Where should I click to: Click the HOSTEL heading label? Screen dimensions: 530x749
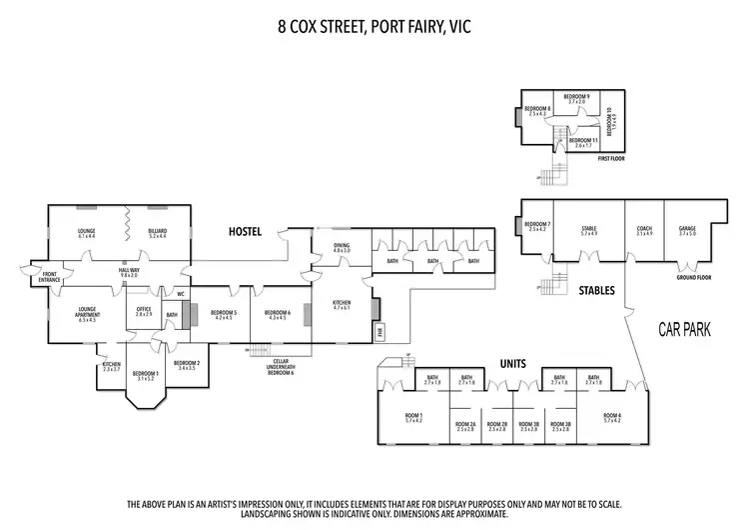coord(245,232)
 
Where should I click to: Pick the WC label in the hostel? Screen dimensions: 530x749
coord(181,294)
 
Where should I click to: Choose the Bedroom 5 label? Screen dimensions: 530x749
coord(224,314)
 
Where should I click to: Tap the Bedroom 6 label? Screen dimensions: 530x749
coord(277,314)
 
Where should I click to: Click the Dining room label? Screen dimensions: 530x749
coord(342,246)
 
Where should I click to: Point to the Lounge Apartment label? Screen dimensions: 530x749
coord(86,314)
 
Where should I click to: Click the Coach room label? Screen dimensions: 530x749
coord(644,230)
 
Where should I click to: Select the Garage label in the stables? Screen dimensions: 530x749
coord(687,230)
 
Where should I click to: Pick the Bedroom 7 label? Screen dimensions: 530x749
coord(537,226)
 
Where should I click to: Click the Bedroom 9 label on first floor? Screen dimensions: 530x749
coord(575,98)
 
